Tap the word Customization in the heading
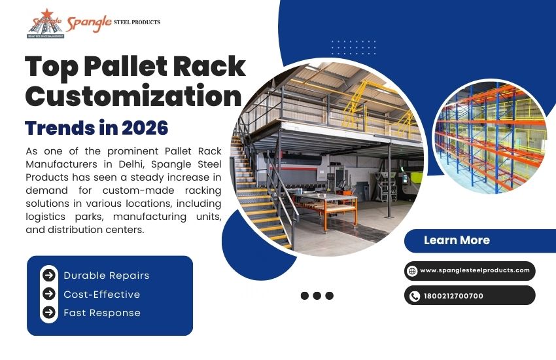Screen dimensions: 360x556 [133, 96]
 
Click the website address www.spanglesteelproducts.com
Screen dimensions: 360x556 [475, 270]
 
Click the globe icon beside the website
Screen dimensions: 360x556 [412, 270]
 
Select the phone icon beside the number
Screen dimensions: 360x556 [414, 296]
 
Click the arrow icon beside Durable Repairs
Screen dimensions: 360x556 [49, 276]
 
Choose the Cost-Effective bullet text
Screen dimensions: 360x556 [101, 295]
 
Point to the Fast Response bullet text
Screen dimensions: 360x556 [102, 313]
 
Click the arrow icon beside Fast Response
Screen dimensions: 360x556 [49, 313]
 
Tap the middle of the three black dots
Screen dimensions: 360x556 [317, 296]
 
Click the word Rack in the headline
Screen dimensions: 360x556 [213, 67]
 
